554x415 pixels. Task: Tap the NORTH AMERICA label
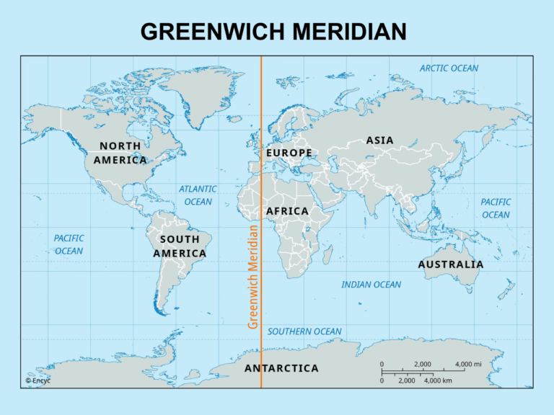120,153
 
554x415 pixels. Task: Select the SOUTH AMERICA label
180,246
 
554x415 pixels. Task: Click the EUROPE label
289,153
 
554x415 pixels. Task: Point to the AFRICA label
287,211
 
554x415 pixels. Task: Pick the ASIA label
379,140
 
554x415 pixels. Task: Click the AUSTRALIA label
451,264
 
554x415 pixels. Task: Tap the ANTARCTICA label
281,368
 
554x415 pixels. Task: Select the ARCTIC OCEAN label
449,68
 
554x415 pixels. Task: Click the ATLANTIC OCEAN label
198,195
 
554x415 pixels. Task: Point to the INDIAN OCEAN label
371,285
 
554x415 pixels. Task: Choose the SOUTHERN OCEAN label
304,331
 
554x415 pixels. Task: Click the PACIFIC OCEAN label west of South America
69,244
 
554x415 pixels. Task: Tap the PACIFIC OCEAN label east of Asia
496,208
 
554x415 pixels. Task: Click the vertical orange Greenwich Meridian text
253,277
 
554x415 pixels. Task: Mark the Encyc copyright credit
38,380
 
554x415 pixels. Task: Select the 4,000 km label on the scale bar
438,380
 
